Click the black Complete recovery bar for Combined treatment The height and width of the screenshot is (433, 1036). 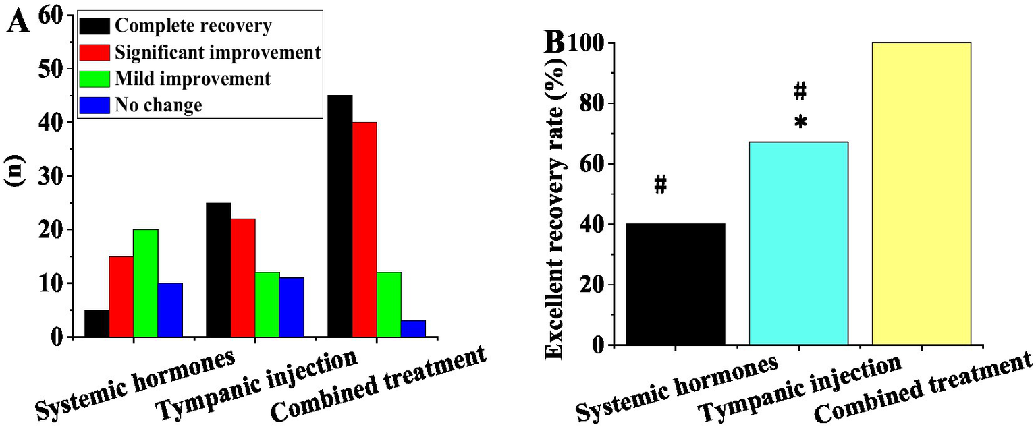click(339, 216)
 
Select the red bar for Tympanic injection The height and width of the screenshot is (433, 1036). click(242, 277)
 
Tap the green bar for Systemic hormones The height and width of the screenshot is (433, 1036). click(145, 283)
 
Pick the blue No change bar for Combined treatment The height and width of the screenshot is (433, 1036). click(413, 328)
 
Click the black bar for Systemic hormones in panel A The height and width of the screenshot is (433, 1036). click(97, 323)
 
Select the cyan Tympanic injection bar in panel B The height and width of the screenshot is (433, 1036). click(798, 243)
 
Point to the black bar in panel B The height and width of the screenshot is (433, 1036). click(676, 284)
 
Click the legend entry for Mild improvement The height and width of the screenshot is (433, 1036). click(192, 79)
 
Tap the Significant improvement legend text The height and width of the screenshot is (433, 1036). click(217, 53)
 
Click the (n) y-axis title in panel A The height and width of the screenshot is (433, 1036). click(15, 183)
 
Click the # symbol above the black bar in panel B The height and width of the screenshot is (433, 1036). click(661, 184)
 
